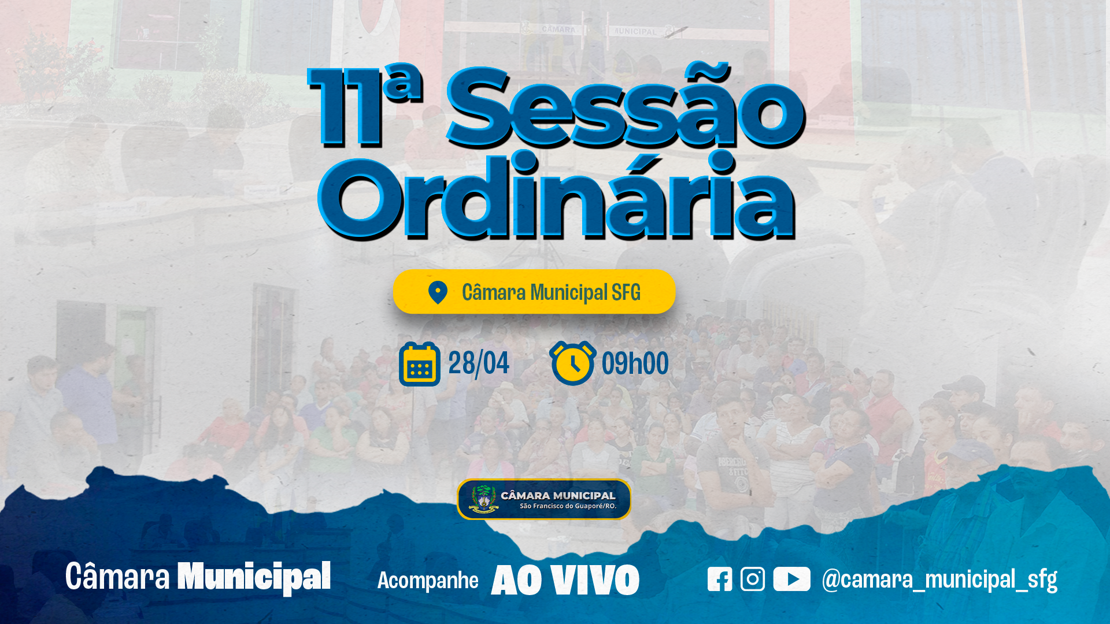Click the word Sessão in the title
click(x=626, y=105)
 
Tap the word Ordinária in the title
click(x=557, y=195)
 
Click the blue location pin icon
click(x=438, y=292)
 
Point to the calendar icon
click(x=420, y=364)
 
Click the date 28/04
click(x=479, y=363)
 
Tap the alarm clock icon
click(x=572, y=363)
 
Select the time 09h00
click(x=635, y=363)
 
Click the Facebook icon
click(x=720, y=579)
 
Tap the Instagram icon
click(x=753, y=579)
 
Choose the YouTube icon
click(x=791, y=579)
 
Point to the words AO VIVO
click(x=565, y=580)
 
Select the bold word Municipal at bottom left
click(x=254, y=577)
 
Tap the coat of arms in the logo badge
click(x=483, y=499)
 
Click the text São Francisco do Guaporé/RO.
click(x=568, y=506)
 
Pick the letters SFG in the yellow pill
click(x=626, y=293)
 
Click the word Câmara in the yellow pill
click(x=494, y=292)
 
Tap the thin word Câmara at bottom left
click(x=117, y=576)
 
